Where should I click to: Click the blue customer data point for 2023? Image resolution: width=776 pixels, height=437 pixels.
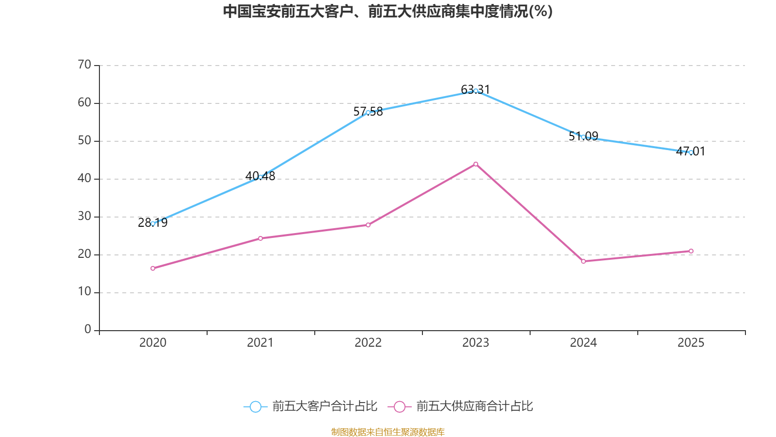[476, 91]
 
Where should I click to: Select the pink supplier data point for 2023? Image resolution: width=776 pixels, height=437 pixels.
[476, 164]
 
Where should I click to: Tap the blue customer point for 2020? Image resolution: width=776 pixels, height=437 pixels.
[153, 223]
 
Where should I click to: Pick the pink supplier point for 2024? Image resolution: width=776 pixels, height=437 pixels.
[583, 261]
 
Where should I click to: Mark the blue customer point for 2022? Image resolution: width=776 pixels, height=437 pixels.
[368, 112]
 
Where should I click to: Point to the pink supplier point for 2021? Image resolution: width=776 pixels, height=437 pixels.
[260, 238]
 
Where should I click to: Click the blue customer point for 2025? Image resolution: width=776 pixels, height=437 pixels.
[691, 152]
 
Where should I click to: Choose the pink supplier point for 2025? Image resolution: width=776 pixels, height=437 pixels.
[691, 251]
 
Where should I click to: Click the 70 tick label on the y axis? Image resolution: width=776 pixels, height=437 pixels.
[84, 65]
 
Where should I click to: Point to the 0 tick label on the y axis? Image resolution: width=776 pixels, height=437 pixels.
[88, 330]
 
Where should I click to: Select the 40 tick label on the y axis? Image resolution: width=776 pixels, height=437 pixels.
[84, 178]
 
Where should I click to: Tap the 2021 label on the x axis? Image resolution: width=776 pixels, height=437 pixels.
[260, 343]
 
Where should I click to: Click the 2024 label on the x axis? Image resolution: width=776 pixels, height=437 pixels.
[583, 343]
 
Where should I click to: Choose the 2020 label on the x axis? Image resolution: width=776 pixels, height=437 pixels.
[153, 343]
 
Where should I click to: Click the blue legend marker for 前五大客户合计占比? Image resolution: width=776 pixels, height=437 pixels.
[255, 407]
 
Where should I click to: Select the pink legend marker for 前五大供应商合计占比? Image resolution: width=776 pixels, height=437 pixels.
[399, 407]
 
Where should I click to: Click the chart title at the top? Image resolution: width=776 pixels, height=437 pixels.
[388, 11]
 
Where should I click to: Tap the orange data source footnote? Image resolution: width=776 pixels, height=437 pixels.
[388, 432]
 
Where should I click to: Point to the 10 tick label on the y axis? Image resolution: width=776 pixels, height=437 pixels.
[84, 292]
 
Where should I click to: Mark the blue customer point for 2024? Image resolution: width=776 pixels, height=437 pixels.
[583, 137]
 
